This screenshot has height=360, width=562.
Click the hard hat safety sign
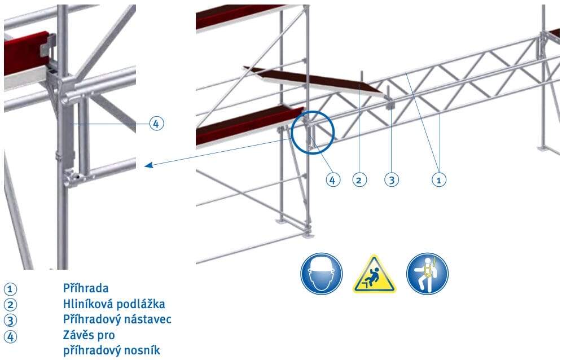pyautogui.click(x=321, y=274)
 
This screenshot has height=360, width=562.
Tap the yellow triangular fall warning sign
pyautogui.click(x=375, y=274)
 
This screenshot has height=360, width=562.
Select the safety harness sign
pyautogui.click(x=427, y=274)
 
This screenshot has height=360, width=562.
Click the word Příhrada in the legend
pyautogui.click(x=86, y=288)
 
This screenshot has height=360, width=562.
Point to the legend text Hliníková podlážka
pyautogui.click(x=114, y=304)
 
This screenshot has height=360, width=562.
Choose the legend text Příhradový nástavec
pyautogui.click(x=117, y=319)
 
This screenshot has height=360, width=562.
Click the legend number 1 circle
pyautogui.click(x=10, y=289)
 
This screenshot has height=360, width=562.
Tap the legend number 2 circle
pyautogui.click(x=10, y=305)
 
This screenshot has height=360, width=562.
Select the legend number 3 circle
pyautogui.click(x=10, y=320)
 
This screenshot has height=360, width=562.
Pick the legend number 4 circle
pyautogui.click(x=10, y=337)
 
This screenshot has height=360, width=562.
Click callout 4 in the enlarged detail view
pyautogui.click(x=156, y=124)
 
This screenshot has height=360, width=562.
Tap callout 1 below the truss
pyautogui.click(x=439, y=179)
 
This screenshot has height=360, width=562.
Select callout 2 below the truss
pyautogui.click(x=359, y=179)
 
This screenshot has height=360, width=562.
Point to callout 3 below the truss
pyautogui.click(x=392, y=179)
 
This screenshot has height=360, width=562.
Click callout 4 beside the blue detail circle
pyautogui.click(x=332, y=179)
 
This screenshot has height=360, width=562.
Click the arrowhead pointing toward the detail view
pyautogui.click(x=148, y=165)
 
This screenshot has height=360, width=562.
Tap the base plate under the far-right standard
pyautogui.click(x=545, y=148)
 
